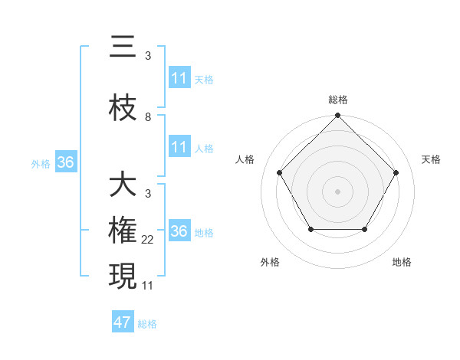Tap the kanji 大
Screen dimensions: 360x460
point(123,185)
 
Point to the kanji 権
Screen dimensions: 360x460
point(123,231)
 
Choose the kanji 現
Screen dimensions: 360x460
point(123,277)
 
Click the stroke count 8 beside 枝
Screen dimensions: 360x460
point(148,117)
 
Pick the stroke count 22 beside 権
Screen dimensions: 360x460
point(149,240)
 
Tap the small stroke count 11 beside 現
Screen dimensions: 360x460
point(149,286)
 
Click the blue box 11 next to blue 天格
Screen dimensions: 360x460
point(179,78)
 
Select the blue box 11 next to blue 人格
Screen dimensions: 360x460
point(179,147)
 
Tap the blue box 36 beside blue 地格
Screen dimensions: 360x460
point(179,231)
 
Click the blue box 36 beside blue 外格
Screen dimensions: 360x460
point(65,162)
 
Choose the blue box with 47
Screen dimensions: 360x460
point(122,322)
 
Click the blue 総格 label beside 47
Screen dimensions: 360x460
point(147,324)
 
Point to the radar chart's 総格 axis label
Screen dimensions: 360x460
point(337,100)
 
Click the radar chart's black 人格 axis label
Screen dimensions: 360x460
point(245,159)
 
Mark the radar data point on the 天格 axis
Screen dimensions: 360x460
point(396,172)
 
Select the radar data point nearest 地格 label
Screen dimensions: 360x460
point(364,229)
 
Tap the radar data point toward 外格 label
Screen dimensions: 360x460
point(310,229)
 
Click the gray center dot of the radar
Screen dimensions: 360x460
point(337,191)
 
